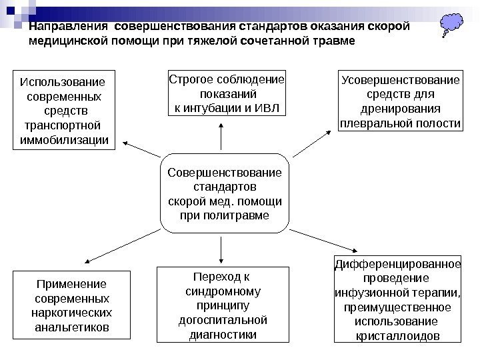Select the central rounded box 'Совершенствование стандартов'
(x=224, y=194)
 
